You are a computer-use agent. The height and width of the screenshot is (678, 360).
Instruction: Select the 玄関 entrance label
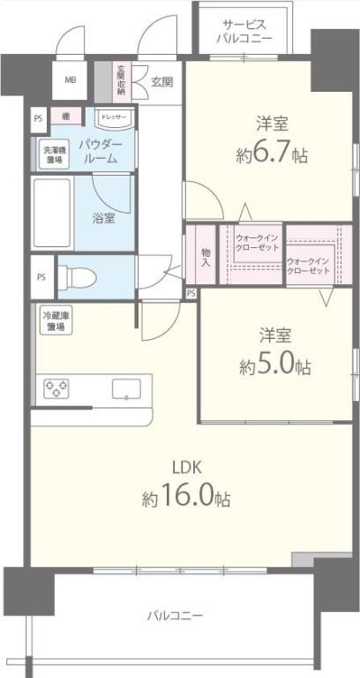click(161, 82)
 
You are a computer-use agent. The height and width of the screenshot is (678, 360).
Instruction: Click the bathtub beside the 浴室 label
click(52, 214)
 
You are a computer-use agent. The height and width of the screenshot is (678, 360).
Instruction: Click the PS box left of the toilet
click(41, 276)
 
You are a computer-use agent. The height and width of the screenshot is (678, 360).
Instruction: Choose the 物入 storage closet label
click(205, 257)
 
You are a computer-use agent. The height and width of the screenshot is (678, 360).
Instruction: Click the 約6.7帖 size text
click(272, 155)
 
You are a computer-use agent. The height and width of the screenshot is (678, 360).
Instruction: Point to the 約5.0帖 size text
click(273, 365)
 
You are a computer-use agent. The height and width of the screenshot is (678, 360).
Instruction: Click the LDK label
click(184, 469)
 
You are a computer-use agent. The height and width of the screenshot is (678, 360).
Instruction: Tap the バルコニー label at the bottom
click(175, 614)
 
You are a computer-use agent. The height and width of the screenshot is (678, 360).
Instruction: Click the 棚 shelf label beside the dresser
click(65, 117)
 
